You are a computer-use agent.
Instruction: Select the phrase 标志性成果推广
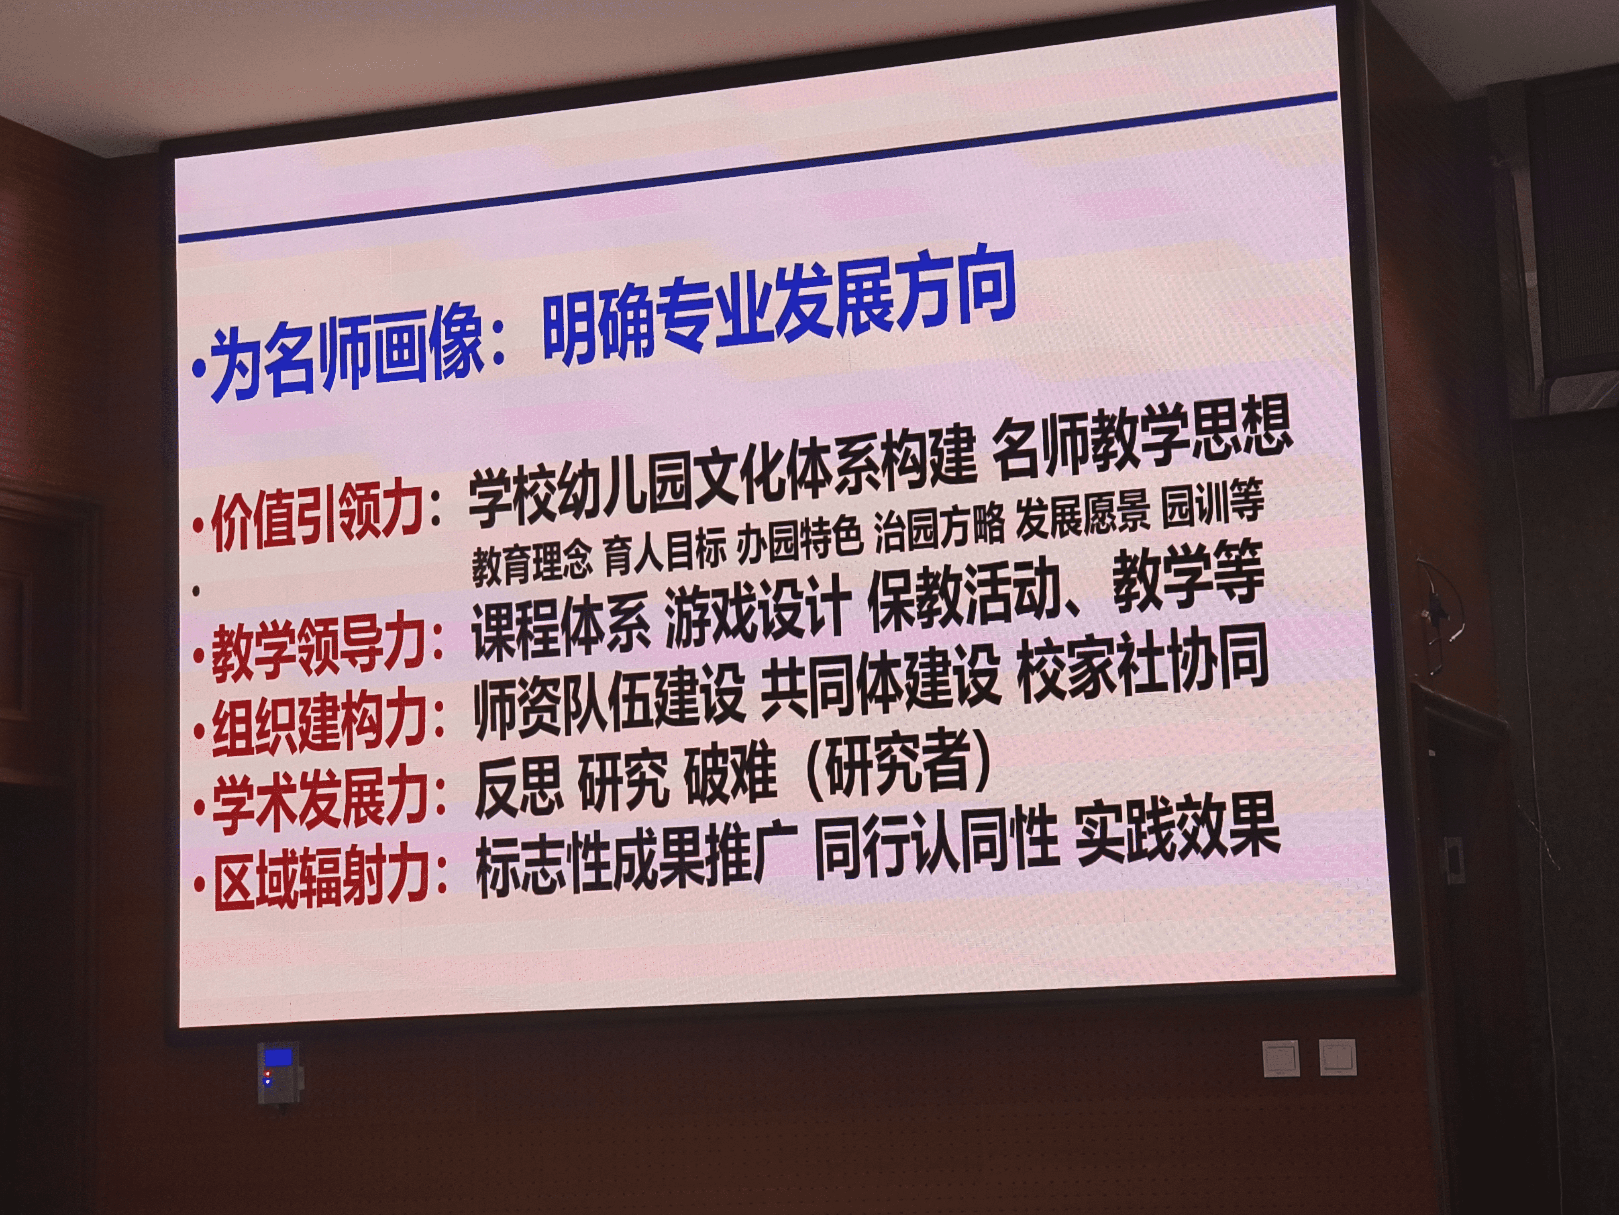(635, 861)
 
